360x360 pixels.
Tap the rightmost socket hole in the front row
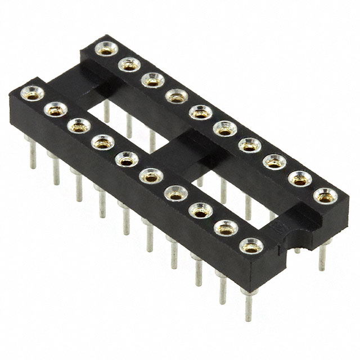(250, 246)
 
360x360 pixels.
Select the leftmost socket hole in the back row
(105, 49)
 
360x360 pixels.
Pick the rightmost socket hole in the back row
(325, 196)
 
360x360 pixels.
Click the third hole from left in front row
(79, 126)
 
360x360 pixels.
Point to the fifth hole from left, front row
(126, 159)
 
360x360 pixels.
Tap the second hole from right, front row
(226, 228)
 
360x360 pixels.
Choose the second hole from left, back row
(129, 65)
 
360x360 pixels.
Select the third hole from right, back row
(274, 163)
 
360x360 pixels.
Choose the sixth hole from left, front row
(150, 177)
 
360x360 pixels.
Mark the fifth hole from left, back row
(200, 112)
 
